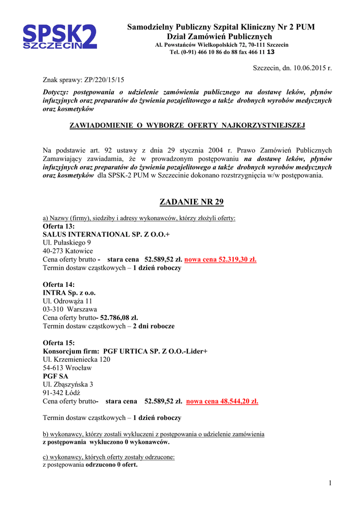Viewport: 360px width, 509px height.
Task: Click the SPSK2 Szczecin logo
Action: tap(60, 37)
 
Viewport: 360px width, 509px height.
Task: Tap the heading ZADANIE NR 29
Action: tap(191, 202)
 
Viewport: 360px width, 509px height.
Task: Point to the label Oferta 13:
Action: tap(59, 226)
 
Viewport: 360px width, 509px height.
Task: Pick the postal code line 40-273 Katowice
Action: tap(68, 251)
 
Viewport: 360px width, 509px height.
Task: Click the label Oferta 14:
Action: tap(59, 285)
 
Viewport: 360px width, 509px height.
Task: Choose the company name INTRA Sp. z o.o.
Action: tap(69, 293)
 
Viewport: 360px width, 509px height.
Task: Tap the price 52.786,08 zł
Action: tap(119, 318)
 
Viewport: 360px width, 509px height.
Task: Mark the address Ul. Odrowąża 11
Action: tap(68, 301)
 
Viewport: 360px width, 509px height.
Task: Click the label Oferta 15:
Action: tap(59, 343)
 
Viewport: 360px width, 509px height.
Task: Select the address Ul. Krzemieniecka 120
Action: tap(77, 359)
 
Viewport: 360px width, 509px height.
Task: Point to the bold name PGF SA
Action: tap(55, 376)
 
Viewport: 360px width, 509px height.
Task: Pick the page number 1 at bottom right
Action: tap(330, 484)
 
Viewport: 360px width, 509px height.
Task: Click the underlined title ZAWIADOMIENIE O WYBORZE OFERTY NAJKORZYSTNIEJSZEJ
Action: tap(187, 125)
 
